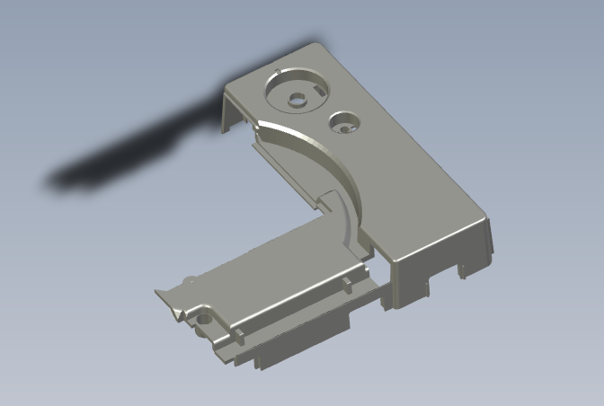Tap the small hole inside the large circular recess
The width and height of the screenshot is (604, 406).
(x=297, y=101)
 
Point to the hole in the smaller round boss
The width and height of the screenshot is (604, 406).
(x=343, y=127)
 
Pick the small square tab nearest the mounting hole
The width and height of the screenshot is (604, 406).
(x=240, y=334)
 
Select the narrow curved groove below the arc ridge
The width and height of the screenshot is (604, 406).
(x=346, y=220)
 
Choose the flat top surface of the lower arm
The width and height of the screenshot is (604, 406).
(x=270, y=269)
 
